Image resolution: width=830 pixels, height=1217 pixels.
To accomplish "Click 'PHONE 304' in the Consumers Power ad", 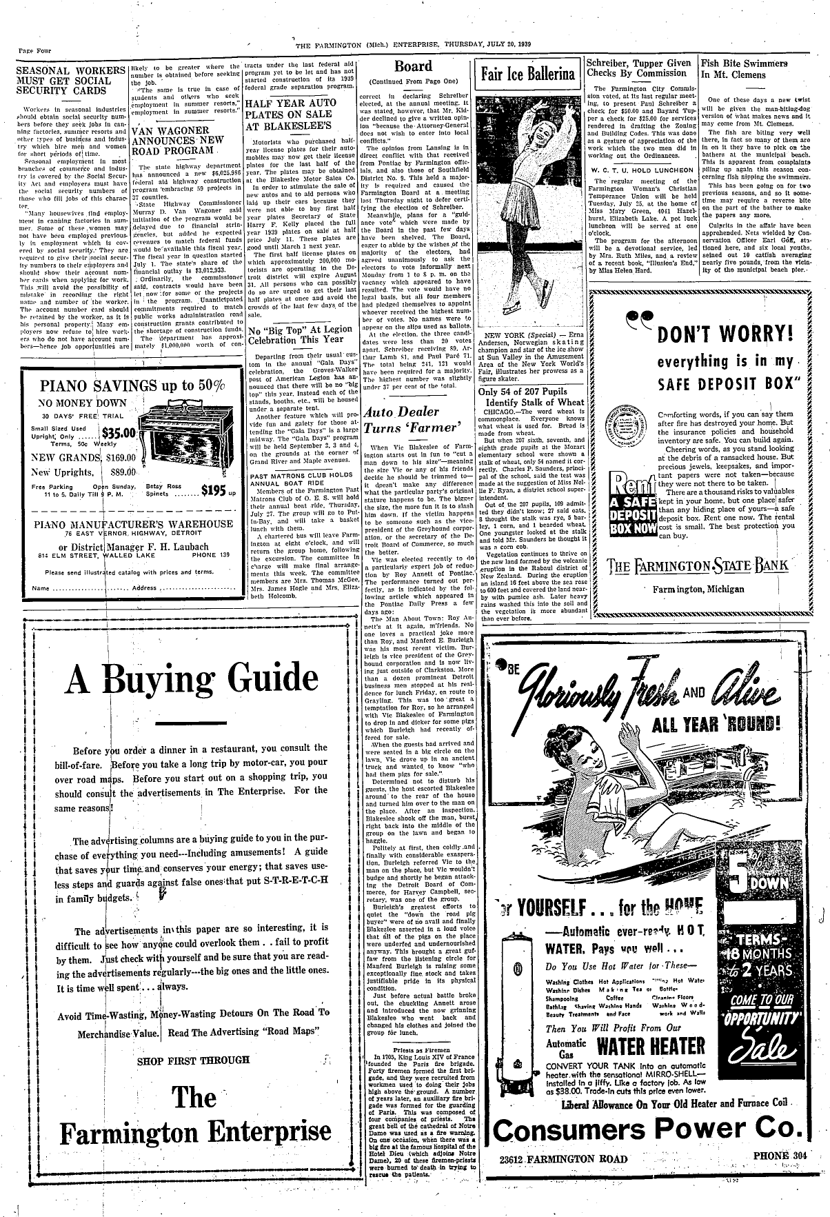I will coord(779,1156).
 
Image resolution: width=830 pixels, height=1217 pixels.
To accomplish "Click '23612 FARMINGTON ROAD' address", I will coord(563,1158).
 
